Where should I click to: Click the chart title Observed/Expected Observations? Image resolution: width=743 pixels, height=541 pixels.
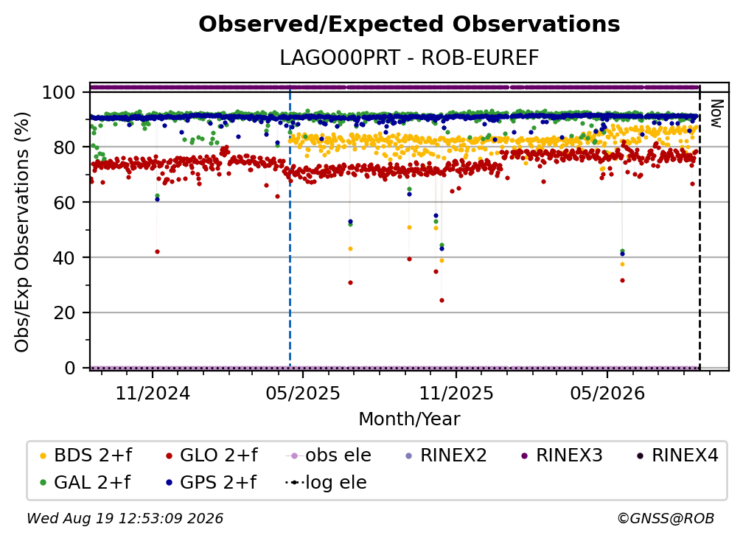coord(409,24)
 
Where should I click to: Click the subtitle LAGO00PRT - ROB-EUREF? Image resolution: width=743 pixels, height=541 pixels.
coord(409,58)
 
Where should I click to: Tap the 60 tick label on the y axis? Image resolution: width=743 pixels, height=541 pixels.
coord(64,202)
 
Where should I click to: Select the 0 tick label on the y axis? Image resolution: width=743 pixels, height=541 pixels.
coord(70,368)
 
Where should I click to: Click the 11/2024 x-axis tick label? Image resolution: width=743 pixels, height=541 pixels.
coord(153,393)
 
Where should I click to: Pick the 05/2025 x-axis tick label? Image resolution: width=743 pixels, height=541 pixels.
coord(303,393)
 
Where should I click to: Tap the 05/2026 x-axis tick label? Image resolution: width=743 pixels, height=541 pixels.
coord(607,393)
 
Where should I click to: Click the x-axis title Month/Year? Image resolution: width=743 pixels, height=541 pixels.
coord(409,419)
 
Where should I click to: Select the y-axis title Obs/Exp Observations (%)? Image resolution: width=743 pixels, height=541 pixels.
coord(22,231)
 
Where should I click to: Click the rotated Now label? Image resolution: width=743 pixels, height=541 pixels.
coord(716,114)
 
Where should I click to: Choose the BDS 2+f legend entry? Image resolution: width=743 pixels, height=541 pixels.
coord(86,456)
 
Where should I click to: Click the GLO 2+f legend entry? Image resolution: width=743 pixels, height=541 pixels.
coord(212,456)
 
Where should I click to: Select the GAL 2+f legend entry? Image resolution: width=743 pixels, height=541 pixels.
coord(86,482)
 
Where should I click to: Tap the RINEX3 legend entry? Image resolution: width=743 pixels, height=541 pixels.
coord(562,456)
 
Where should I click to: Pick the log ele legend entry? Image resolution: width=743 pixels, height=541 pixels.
coord(326,482)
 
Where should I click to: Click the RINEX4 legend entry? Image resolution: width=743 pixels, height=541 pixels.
coord(677,456)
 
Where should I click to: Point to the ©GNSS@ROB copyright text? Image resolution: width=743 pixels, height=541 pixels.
coord(666,518)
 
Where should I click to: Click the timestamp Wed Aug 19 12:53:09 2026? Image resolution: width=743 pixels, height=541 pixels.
coord(125,518)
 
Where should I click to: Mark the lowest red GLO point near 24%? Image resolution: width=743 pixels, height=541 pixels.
coord(442,300)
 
